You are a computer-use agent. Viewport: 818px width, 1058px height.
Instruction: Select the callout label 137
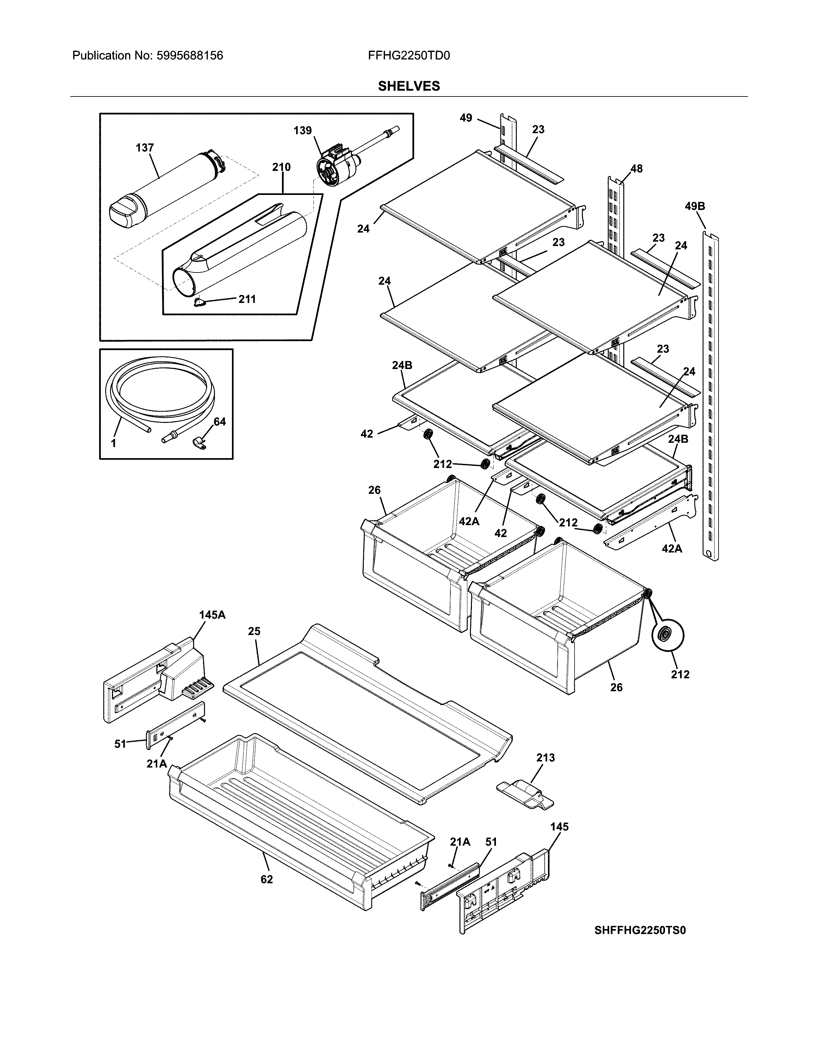(144, 148)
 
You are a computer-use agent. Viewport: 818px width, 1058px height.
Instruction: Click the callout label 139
(302, 130)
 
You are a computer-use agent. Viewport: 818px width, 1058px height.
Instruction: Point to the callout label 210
(281, 167)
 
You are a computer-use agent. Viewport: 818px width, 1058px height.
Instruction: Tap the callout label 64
(219, 422)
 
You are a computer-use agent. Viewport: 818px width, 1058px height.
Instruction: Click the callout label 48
(636, 169)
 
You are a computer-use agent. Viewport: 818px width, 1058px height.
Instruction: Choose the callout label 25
(254, 631)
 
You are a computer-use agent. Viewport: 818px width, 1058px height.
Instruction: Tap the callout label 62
(267, 879)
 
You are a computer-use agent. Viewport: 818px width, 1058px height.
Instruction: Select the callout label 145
(559, 827)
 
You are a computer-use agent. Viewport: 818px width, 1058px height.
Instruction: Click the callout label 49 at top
(466, 118)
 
